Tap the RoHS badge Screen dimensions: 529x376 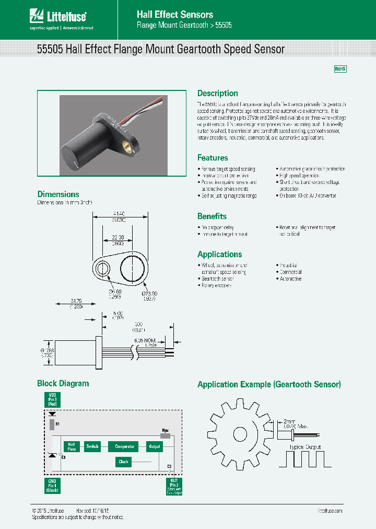point(340,69)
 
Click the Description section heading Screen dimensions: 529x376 point(217,94)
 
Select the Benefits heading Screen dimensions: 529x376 point(211,216)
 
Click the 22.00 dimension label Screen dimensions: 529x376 point(118,237)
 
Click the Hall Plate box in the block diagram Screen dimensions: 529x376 point(71,446)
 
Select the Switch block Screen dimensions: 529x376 point(92,446)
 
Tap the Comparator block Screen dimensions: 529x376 point(124,446)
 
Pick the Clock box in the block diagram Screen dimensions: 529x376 point(123,462)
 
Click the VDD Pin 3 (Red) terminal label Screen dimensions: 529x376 point(52,400)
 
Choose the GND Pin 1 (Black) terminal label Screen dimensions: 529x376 point(52,486)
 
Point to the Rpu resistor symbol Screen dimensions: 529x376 point(166,435)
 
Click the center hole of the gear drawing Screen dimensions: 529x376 point(240,433)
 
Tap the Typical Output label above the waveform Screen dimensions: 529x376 point(305,447)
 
